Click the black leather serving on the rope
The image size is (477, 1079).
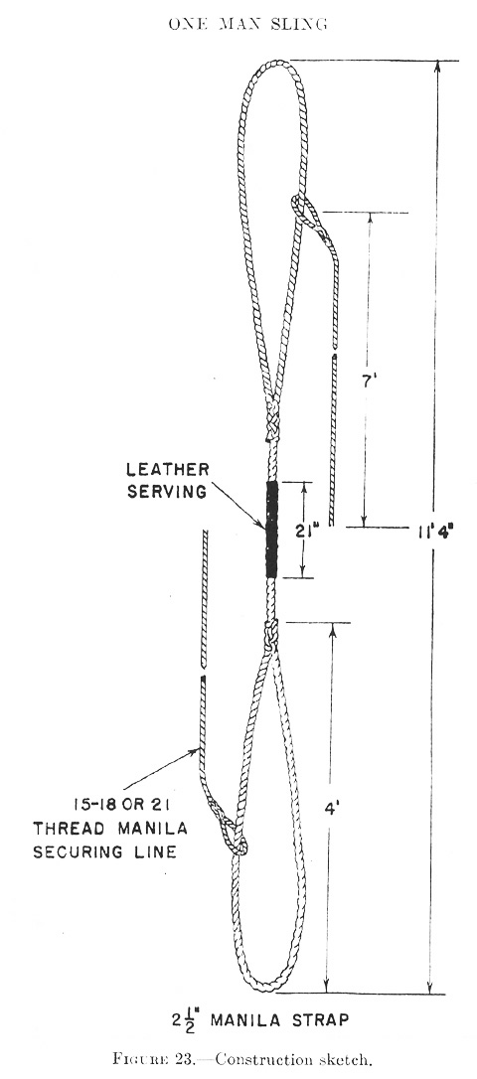point(272,530)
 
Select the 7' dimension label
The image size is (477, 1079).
point(369,383)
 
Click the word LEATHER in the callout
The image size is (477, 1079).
point(167,470)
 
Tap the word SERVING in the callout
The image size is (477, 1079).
point(167,492)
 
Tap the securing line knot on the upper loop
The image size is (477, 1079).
point(308,215)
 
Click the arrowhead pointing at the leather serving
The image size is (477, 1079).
point(260,525)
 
